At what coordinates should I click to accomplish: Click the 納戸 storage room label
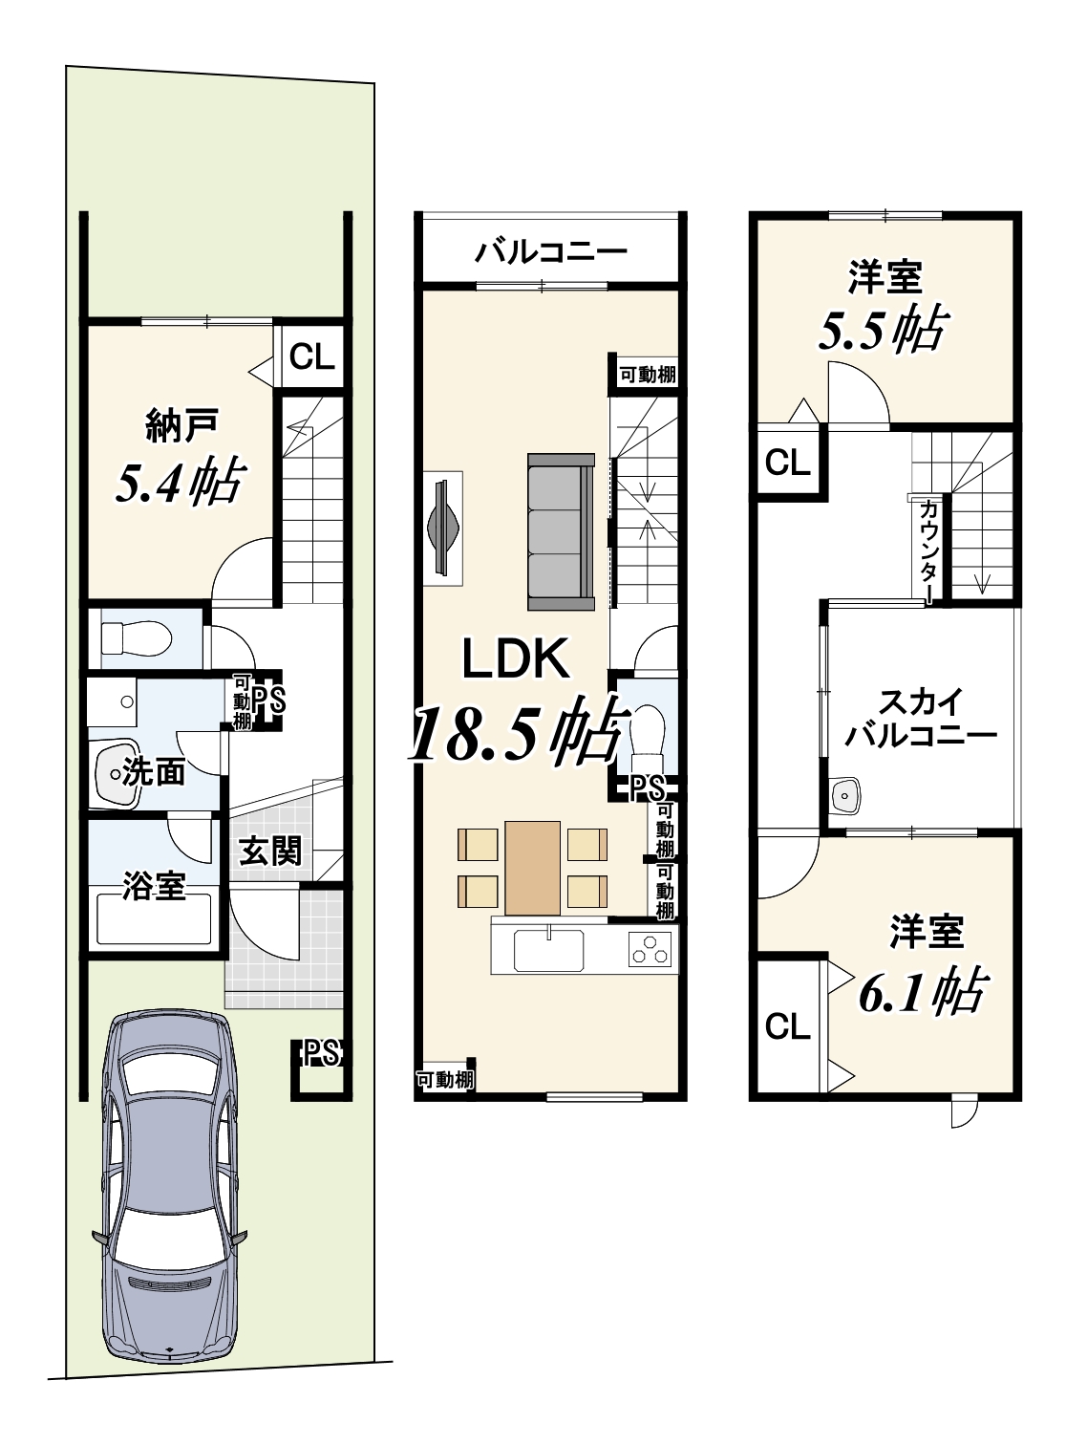coord(181,425)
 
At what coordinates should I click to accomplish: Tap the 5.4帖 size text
coord(181,482)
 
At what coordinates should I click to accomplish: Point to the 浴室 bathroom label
coord(155,885)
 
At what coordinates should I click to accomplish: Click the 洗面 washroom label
coord(154,773)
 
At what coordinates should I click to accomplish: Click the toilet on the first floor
coord(136,637)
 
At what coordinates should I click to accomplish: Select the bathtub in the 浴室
coord(154,919)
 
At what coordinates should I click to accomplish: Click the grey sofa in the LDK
coord(561,531)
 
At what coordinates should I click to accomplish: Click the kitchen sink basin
coord(548,951)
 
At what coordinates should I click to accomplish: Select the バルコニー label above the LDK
coord(550,250)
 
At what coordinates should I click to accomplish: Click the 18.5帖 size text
coord(519,733)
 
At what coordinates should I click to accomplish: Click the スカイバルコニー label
coord(920,718)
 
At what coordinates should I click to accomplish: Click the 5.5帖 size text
coord(883,330)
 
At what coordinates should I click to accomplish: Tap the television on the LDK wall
coord(444,528)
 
